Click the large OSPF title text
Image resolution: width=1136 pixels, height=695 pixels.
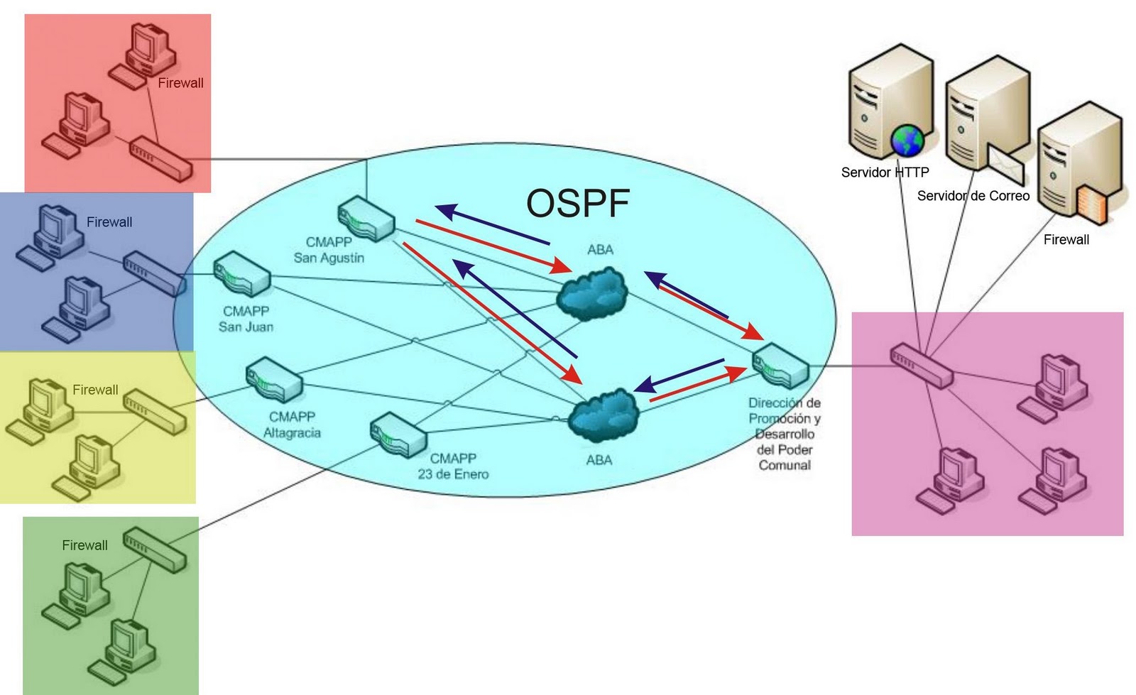[578, 203]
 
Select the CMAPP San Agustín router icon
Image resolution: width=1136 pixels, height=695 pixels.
[366, 219]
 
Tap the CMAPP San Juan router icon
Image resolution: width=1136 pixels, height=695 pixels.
[241, 274]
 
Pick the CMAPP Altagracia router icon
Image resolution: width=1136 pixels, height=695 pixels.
[274, 381]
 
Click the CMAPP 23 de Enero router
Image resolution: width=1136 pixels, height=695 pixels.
[398, 435]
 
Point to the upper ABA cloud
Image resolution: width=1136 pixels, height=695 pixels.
[592, 294]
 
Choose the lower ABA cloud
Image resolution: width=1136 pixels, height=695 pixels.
[603, 416]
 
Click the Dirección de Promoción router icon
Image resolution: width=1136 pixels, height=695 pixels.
[780, 366]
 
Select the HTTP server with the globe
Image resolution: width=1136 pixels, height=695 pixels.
[891, 102]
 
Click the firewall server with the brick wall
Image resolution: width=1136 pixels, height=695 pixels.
[1080, 163]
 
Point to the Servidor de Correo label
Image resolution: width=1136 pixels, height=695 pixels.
[973, 196]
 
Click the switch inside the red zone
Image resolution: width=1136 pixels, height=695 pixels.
[161, 159]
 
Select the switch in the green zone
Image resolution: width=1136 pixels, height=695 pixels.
[155, 550]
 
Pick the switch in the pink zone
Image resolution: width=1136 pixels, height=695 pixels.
[922, 366]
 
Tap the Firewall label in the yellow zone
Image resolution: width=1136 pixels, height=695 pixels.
[95, 390]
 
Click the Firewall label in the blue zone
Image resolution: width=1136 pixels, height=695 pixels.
[109, 222]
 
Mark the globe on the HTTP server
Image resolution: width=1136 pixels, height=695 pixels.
[907, 140]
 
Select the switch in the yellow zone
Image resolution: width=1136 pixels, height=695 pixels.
[155, 412]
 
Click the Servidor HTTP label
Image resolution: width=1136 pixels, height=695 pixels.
[885, 173]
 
